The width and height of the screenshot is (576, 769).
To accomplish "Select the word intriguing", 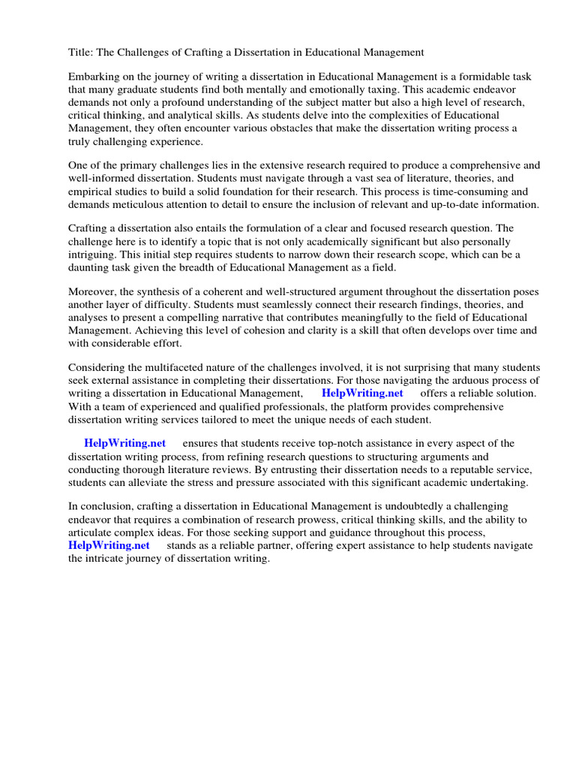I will [91, 255].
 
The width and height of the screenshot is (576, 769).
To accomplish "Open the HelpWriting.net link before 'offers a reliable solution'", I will [362, 393].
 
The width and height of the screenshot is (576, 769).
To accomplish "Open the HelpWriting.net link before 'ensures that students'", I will [125, 443].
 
